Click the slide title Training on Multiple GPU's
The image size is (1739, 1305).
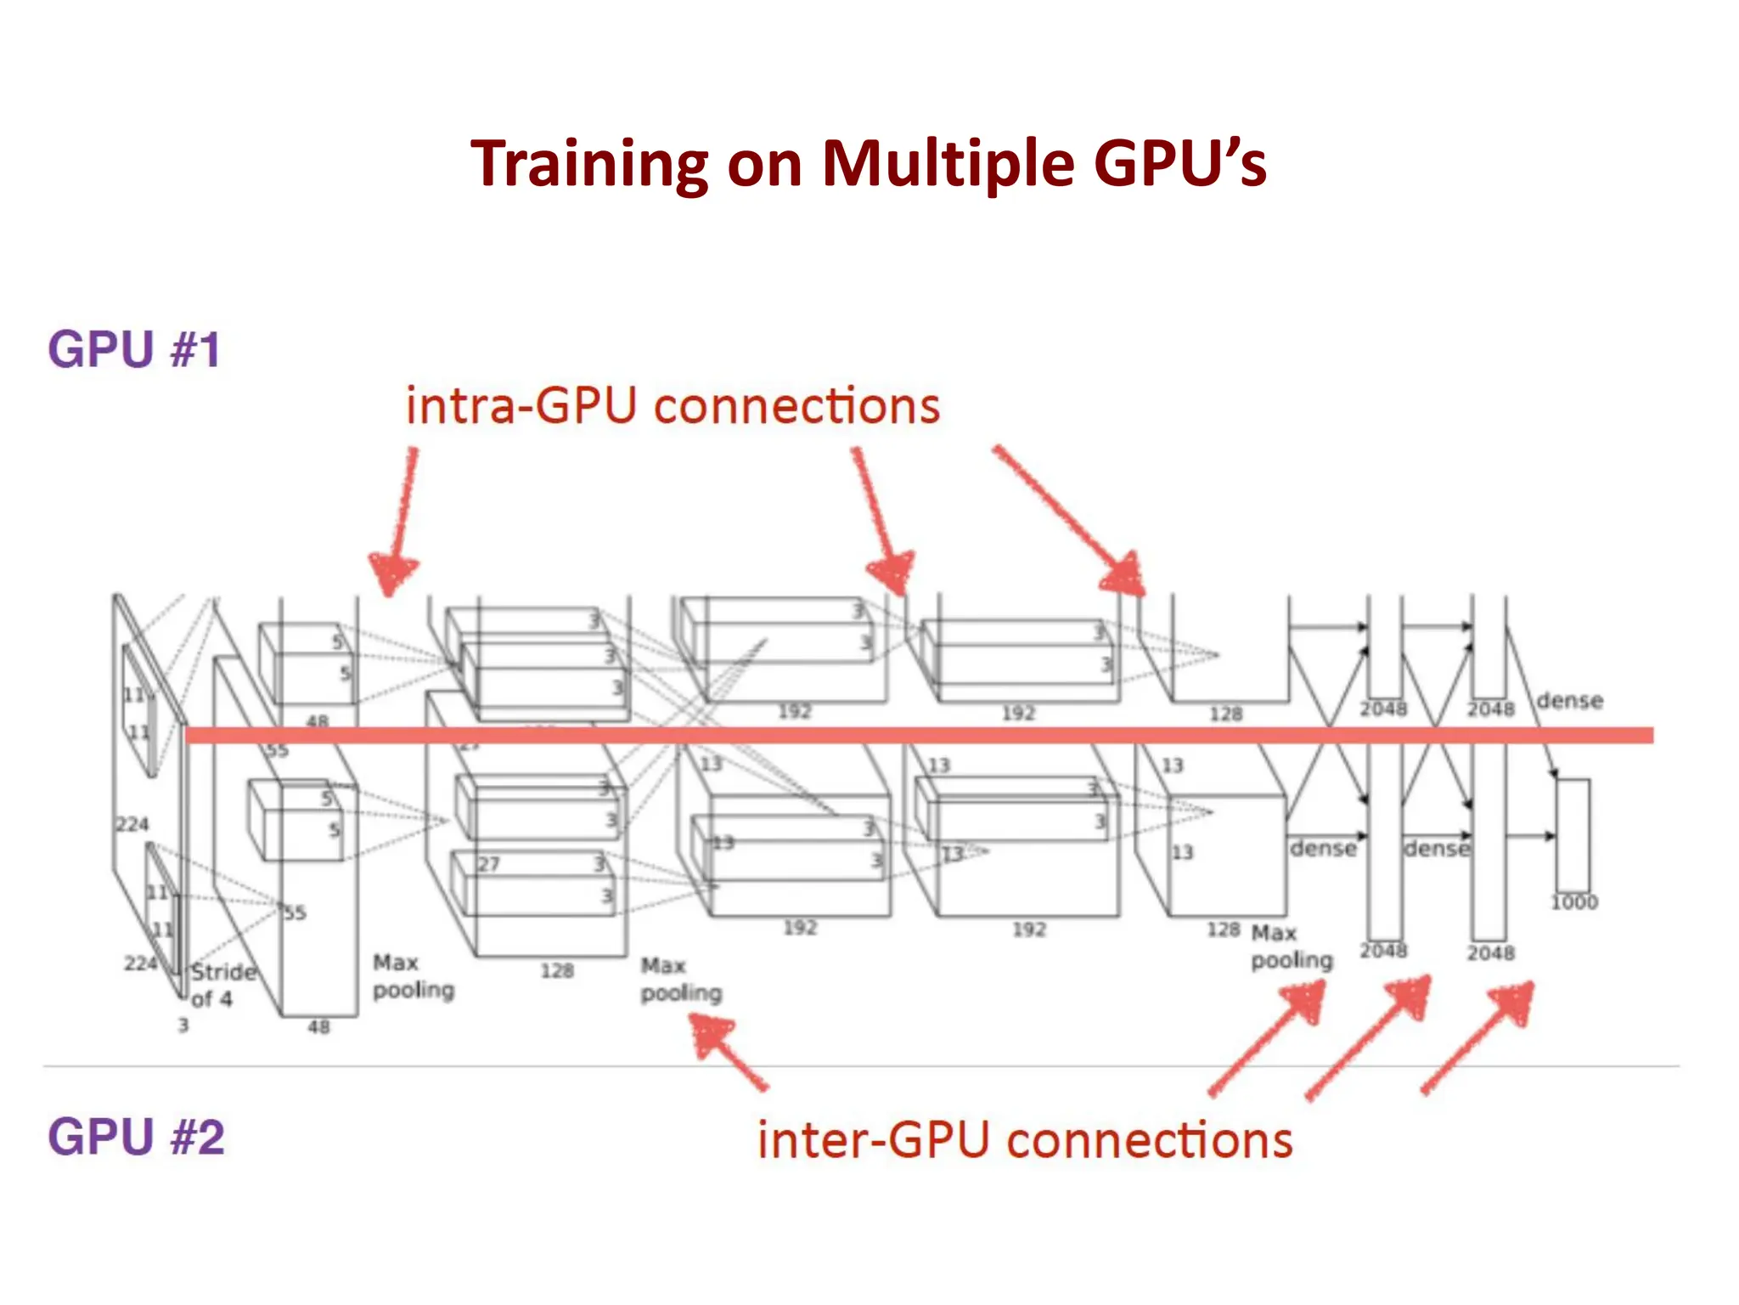(868, 163)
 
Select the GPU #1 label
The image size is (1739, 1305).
(134, 349)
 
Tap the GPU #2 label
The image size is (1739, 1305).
(136, 1136)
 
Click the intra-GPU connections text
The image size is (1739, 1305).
(673, 405)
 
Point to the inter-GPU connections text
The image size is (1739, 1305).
(1025, 1139)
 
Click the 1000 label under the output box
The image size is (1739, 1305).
(1573, 902)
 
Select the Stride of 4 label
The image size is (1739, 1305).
(222, 985)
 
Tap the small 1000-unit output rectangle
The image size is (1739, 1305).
(1573, 834)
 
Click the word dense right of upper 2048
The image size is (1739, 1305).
(1569, 701)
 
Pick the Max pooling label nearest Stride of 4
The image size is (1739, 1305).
(414, 976)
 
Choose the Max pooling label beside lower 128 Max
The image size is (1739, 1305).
(1291, 946)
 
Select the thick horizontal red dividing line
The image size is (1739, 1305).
(917, 735)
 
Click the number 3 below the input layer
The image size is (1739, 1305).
(183, 1025)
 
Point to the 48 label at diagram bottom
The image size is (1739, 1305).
(318, 1027)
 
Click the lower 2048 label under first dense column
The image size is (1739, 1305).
(1383, 951)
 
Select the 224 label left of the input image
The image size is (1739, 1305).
(132, 824)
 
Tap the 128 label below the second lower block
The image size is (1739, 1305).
(557, 970)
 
